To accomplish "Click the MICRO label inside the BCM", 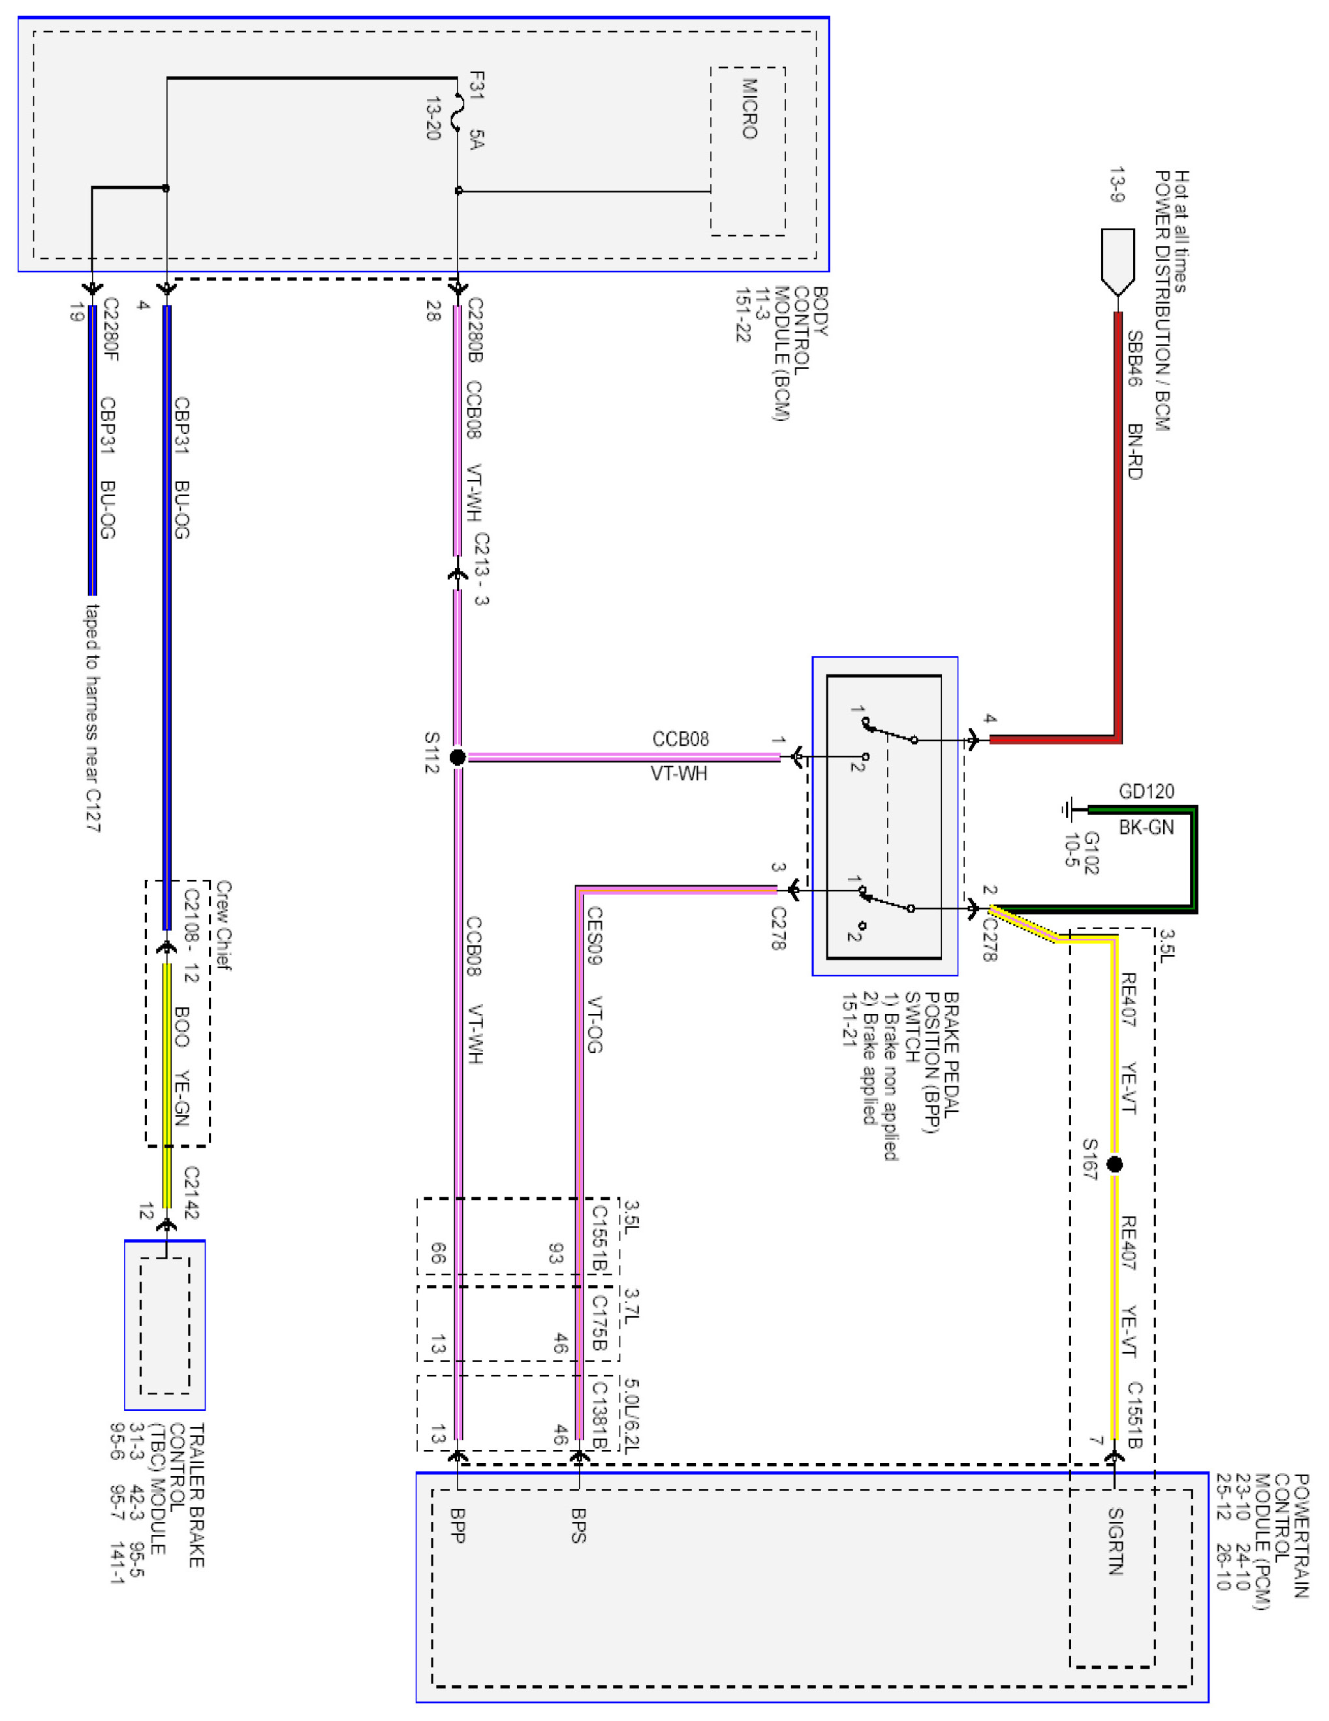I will point(749,109).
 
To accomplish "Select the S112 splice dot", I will point(457,757).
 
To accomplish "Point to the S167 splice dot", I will point(1114,1164).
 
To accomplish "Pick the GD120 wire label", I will point(1146,791).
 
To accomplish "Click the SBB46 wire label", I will point(1133,358).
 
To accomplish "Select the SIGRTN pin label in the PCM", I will point(1115,1541).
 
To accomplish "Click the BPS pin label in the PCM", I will point(578,1524).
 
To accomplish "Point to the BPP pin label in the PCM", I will point(458,1524).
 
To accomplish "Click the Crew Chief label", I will point(224,926).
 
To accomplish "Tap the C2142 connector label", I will point(191,1192).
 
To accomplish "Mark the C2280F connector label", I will point(110,330).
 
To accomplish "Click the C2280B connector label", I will point(475,330).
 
